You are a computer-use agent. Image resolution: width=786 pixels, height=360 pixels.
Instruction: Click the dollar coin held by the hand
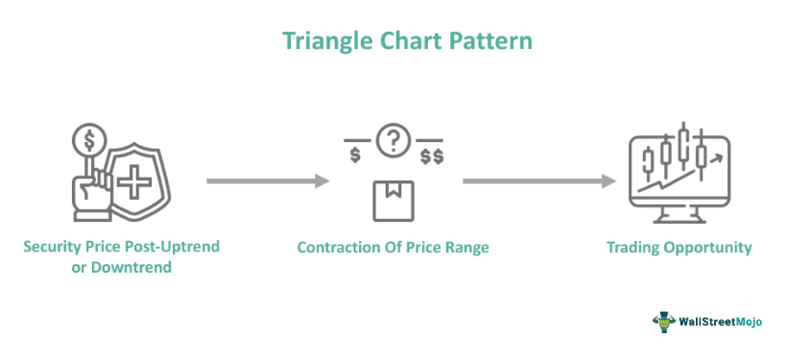90,142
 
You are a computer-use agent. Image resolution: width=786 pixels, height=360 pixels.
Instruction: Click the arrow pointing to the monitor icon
537,180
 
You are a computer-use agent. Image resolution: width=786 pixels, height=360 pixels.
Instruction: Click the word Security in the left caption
57,247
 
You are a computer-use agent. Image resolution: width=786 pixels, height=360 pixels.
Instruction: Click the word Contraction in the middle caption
339,248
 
